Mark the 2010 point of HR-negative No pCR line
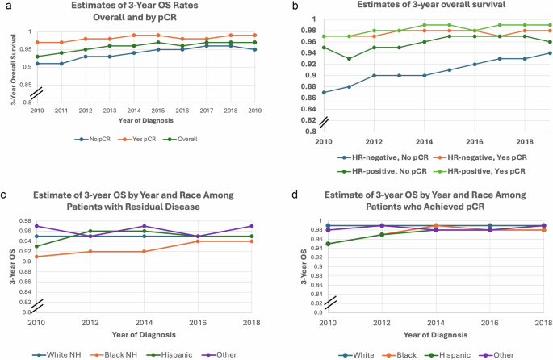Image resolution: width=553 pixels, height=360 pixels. (x=324, y=91)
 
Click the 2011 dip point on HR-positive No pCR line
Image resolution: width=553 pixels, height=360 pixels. (x=349, y=58)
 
